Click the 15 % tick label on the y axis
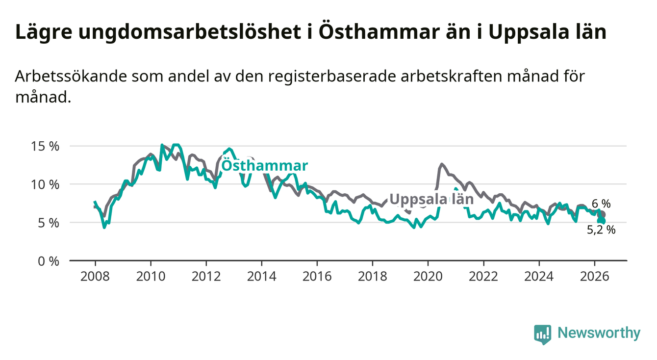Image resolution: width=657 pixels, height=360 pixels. [x=45, y=146]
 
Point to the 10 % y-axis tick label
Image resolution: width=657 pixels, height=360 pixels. [x=45, y=185]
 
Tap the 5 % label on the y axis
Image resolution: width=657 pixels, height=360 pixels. [x=49, y=223]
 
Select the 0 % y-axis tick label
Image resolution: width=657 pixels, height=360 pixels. [x=49, y=261]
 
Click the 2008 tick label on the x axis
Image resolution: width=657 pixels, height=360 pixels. [x=95, y=277]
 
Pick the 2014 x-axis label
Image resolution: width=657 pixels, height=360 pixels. [x=262, y=277]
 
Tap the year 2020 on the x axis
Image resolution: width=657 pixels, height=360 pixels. [x=428, y=277]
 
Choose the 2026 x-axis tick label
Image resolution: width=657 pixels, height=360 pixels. [x=595, y=277]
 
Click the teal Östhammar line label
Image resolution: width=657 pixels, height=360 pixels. [x=265, y=165]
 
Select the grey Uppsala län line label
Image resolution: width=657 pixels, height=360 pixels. [x=431, y=200]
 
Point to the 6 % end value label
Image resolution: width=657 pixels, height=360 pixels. [x=601, y=204]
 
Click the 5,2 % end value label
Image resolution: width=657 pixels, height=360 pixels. [x=601, y=230]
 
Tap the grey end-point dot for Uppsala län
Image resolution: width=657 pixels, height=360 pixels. [x=602, y=214]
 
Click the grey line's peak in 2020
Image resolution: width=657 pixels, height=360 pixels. [x=442, y=164]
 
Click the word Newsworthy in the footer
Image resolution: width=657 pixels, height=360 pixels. [x=599, y=333]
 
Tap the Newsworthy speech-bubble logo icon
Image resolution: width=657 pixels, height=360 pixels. [x=543, y=334]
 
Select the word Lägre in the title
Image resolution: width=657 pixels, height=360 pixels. [x=44, y=32]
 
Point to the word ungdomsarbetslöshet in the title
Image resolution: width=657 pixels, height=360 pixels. [x=189, y=32]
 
